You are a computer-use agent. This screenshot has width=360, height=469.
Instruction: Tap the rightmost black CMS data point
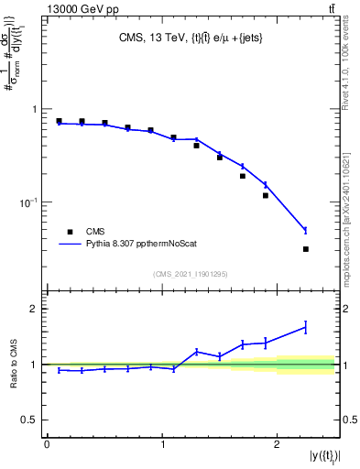click(x=306, y=249)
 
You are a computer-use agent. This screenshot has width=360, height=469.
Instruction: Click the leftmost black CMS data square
click(x=59, y=121)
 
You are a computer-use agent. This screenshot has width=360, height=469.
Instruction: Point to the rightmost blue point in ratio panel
click(x=306, y=326)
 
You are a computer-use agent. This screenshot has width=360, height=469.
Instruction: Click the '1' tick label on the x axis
click(x=161, y=444)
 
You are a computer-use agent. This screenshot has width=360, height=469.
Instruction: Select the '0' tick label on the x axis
click(x=47, y=444)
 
